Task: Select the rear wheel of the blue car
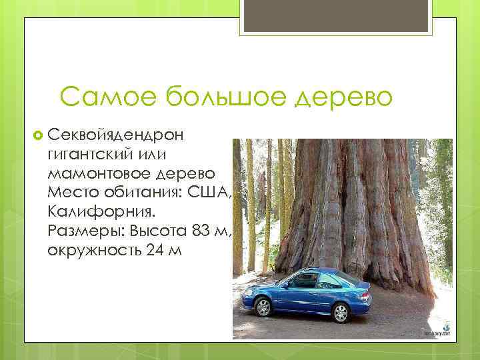(341, 312)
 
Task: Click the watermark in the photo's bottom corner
(437, 332)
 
